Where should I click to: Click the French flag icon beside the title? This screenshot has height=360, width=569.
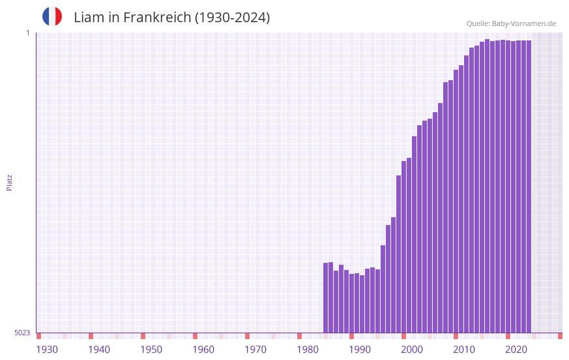pyautogui.click(x=52, y=16)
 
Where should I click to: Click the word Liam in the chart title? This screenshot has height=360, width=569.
pyautogui.click(x=87, y=18)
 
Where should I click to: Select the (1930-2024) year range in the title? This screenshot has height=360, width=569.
pyautogui.click(x=232, y=18)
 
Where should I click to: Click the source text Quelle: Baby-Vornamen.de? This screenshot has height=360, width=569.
pyautogui.click(x=511, y=23)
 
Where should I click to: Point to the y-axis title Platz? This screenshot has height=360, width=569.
pyautogui.click(x=9, y=182)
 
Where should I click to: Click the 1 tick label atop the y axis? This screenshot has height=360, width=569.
pyautogui.click(x=28, y=33)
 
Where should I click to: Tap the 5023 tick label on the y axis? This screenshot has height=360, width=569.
pyautogui.click(x=22, y=333)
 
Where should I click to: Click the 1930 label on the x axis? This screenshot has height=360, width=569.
pyautogui.click(x=47, y=350)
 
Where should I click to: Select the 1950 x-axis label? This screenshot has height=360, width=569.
pyautogui.click(x=151, y=350)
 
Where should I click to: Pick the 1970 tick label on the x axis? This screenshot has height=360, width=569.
pyautogui.click(x=255, y=350)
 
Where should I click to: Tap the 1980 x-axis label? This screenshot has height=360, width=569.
pyautogui.click(x=308, y=350)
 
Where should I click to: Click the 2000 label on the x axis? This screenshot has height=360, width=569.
pyautogui.click(x=412, y=350)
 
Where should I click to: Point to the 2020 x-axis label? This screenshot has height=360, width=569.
pyautogui.click(x=516, y=350)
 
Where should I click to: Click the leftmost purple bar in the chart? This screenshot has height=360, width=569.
pyautogui.click(x=326, y=297)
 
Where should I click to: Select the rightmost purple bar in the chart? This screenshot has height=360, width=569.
pyautogui.click(x=529, y=187)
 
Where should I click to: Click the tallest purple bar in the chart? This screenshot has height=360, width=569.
pyautogui.click(x=487, y=186)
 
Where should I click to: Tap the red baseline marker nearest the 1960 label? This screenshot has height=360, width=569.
pyautogui.click(x=195, y=336)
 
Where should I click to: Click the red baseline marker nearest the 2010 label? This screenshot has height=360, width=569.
pyautogui.click(x=456, y=336)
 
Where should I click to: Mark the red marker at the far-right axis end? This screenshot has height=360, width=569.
pyautogui.click(x=560, y=336)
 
